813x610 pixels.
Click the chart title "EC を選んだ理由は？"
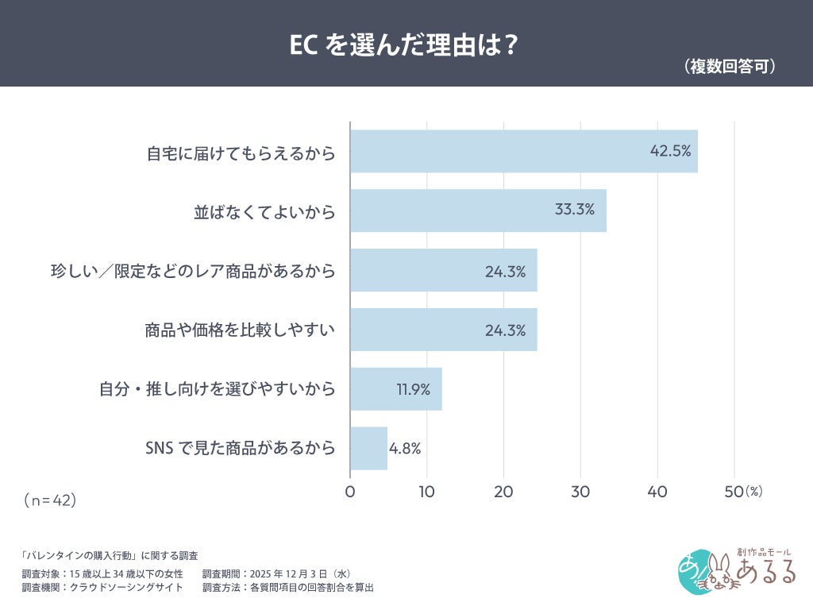(406, 45)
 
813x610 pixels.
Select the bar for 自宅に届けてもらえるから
(523, 151)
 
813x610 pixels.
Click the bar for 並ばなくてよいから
(478, 210)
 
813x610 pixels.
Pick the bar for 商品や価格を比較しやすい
(443, 330)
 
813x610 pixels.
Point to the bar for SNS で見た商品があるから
(368, 448)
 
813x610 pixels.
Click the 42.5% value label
(670, 151)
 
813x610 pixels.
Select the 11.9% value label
(413, 389)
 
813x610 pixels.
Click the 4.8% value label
(405, 448)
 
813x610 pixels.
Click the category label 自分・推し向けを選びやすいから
(217, 389)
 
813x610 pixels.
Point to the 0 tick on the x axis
(350, 492)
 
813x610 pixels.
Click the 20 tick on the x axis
(503, 492)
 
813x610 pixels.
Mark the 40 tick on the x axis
(657, 492)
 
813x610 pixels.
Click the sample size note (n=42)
(49, 500)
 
